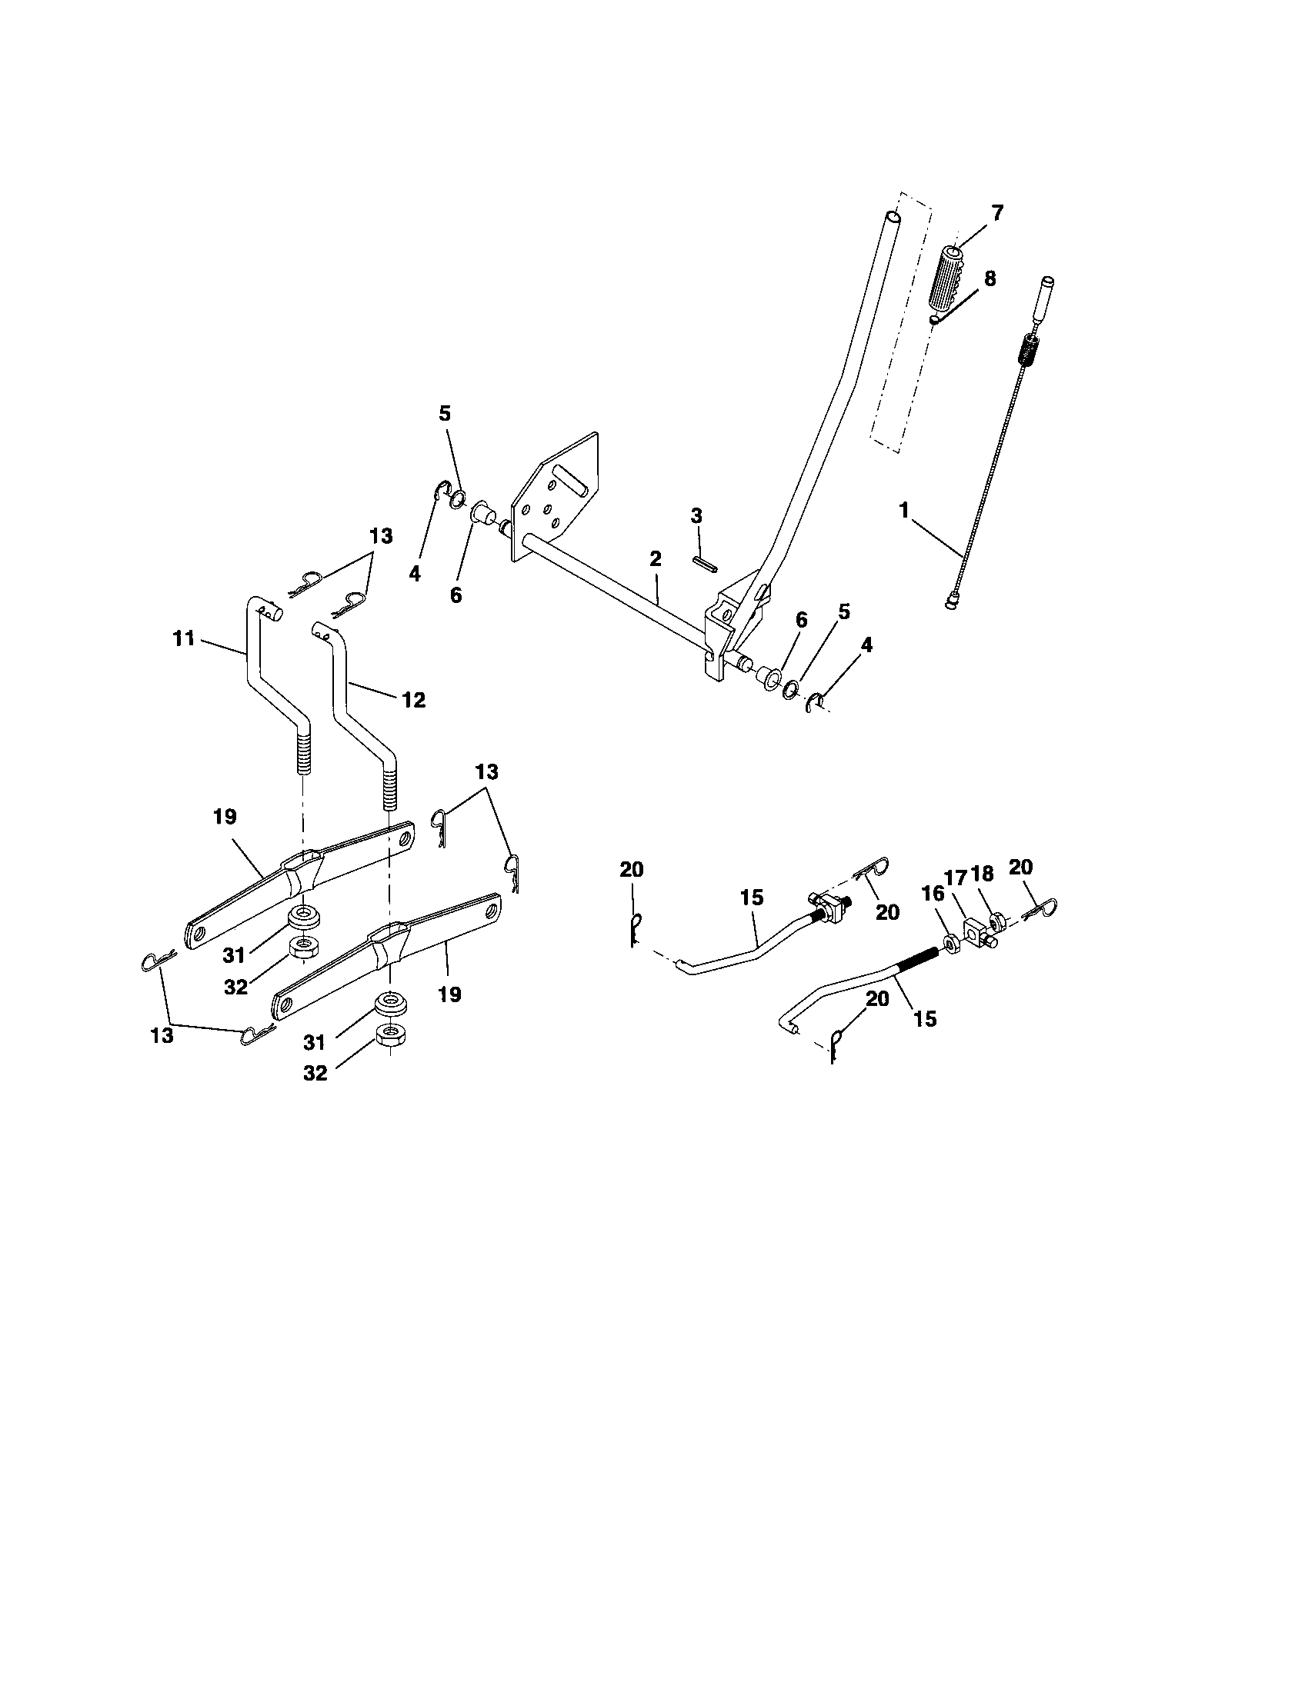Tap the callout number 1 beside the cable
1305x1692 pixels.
point(903,511)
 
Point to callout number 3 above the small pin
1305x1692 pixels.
point(696,516)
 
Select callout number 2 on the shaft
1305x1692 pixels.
point(656,559)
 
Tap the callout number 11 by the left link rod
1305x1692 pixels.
point(184,639)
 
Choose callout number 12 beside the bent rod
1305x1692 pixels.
point(414,700)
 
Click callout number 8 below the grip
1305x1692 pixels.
point(990,279)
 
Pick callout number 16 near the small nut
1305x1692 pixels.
point(933,894)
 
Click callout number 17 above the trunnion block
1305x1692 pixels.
point(956,878)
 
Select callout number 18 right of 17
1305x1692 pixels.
point(982,874)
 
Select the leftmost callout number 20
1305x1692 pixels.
point(632,870)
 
